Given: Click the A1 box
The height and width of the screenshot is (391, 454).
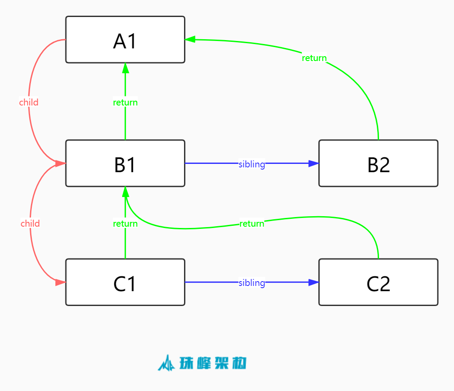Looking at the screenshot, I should [125, 40].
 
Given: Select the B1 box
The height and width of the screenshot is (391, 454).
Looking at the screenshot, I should [125, 163].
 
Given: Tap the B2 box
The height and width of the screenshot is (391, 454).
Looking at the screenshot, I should [378, 163].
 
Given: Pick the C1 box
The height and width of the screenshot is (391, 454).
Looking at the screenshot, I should [125, 282].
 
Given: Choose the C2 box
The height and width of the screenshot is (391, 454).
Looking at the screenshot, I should [378, 282].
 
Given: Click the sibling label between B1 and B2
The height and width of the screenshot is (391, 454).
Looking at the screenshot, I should [252, 164].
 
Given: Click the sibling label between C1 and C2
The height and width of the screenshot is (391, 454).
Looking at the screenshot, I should [252, 283].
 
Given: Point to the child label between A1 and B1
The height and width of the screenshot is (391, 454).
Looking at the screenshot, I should [29, 102].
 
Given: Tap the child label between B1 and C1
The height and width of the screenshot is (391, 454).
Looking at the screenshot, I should [30, 224].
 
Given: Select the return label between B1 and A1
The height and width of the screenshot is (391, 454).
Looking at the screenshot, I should [125, 102].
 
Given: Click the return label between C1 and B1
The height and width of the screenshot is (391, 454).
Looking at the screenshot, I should [125, 224].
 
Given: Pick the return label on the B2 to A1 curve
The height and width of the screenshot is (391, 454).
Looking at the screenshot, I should [314, 58].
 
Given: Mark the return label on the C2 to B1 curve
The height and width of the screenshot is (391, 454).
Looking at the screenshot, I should [252, 224].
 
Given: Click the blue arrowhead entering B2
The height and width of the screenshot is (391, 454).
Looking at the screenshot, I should [314, 163].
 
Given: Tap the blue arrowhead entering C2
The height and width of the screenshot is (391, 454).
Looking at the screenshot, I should [314, 282].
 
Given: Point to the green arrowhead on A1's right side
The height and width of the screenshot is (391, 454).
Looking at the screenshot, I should [190, 40].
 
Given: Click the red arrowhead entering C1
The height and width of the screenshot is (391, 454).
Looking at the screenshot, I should [61, 282].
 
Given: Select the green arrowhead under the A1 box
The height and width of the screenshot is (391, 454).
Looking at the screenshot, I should [125, 68].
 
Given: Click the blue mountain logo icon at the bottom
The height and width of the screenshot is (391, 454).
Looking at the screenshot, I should [166, 363].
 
